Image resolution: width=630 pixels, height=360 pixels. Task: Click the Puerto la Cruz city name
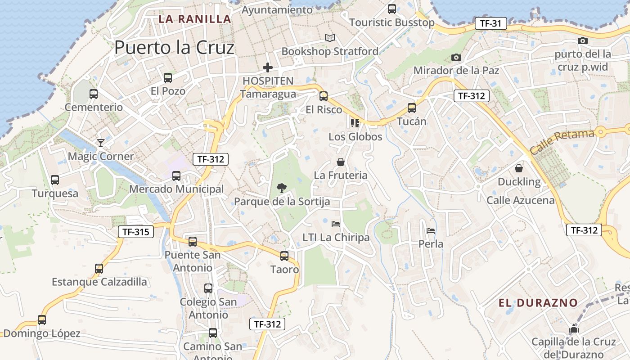174,47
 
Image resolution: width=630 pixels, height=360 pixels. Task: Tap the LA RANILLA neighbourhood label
195,19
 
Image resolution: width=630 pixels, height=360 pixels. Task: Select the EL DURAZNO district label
538,303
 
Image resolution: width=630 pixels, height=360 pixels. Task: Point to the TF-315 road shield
136,232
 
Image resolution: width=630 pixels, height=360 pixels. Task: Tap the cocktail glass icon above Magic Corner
101,143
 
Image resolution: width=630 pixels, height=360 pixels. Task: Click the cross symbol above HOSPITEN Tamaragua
268,67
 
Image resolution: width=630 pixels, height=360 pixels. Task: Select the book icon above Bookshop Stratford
330,38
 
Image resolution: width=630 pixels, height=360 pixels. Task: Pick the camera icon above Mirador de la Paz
456,58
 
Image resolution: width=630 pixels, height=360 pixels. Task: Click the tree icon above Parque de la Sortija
282,188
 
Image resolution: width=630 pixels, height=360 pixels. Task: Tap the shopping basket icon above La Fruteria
341,162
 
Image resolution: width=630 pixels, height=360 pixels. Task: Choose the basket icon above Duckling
519,168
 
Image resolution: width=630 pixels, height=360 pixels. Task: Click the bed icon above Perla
431,231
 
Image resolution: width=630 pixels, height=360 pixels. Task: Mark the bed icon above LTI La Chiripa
336,224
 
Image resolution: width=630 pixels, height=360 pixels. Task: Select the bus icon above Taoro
284,256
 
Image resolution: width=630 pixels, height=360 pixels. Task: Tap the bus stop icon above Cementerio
94,94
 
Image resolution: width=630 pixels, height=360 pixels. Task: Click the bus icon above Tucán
412,108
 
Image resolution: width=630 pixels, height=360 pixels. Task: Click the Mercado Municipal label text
176,189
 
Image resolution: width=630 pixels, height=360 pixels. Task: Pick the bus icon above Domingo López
42,320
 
